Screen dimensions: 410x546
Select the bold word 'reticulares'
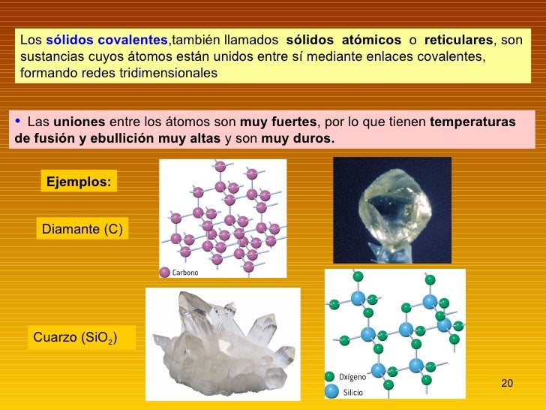pyautogui.click(x=458, y=39)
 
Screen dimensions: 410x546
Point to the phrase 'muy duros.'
pyautogui.click(x=298, y=139)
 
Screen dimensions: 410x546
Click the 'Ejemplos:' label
pyautogui.click(x=79, y=181)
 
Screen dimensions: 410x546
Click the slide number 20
pyautogui.click(x=506, y=384)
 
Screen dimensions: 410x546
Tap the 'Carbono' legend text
pyautogui.click(x=185, y=273)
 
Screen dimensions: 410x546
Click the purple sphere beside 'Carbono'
pyautogui.click(x=165, y=272)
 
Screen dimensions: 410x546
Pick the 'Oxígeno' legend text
pyautogui.click(x=353, y=377)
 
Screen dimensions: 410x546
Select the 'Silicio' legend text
pyautogui.click(x=353, y=392)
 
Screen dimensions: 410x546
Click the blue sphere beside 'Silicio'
pyautogui.click(x=330, y=391)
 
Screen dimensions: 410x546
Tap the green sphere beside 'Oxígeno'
pyautogui.click(x=329, y=376)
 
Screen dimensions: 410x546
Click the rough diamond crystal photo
pyautogui.click(x=391, y=210)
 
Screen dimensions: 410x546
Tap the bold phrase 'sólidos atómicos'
pyautogui.click(x=343, y=39)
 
